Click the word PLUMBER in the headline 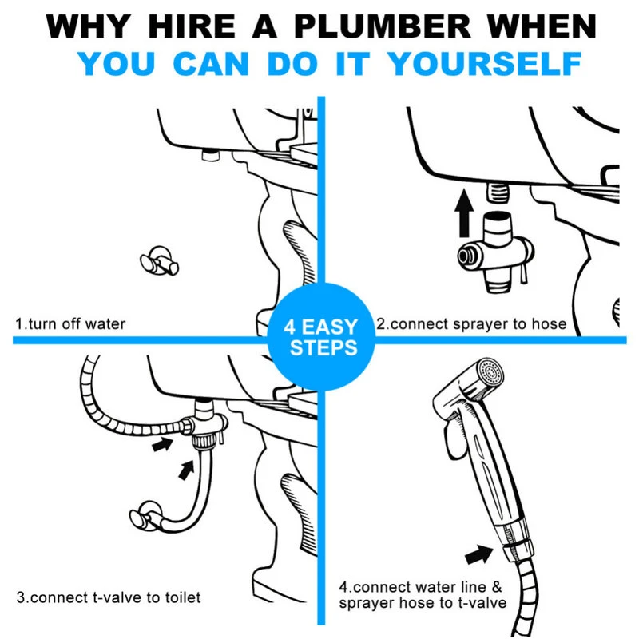pos(383,26)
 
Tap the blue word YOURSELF pos(485,64)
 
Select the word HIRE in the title pos(192,26)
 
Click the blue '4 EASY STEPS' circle pos(321,337)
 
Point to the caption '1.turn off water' pos(70,324)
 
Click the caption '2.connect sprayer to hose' pos(471,324)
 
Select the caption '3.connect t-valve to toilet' pos(109,597)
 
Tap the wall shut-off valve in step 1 pos(159,261)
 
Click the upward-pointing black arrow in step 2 pos(464,212)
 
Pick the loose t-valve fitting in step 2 pos(495,252)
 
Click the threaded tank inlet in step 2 pos(498,192)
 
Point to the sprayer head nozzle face pos(490,371)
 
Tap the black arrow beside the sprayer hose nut pos(479,554)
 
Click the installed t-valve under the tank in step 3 pos(204,425)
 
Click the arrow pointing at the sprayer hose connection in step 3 pos(163,443)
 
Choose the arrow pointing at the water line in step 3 pos(187,470)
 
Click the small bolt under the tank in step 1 pos(211,155)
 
